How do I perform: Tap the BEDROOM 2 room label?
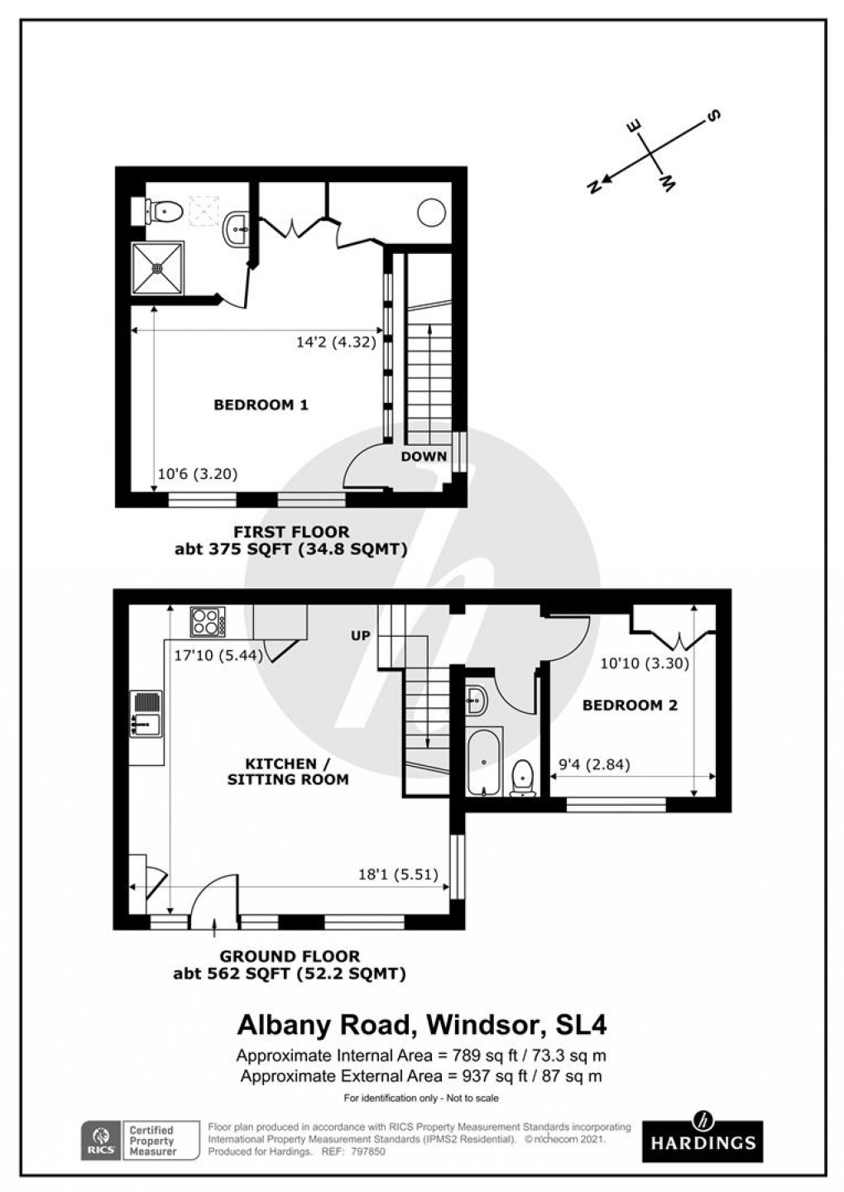point(630,705)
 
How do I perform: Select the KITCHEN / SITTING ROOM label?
point(288,771)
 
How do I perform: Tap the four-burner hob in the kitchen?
point(207,621)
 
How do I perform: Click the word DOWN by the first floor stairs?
point(424,456)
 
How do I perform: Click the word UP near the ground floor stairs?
point(361,635)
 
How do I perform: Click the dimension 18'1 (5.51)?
point(398,874)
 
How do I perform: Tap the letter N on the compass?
point(593,187)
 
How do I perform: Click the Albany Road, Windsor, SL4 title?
point(422,1025)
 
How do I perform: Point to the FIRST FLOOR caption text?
point(291,532)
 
